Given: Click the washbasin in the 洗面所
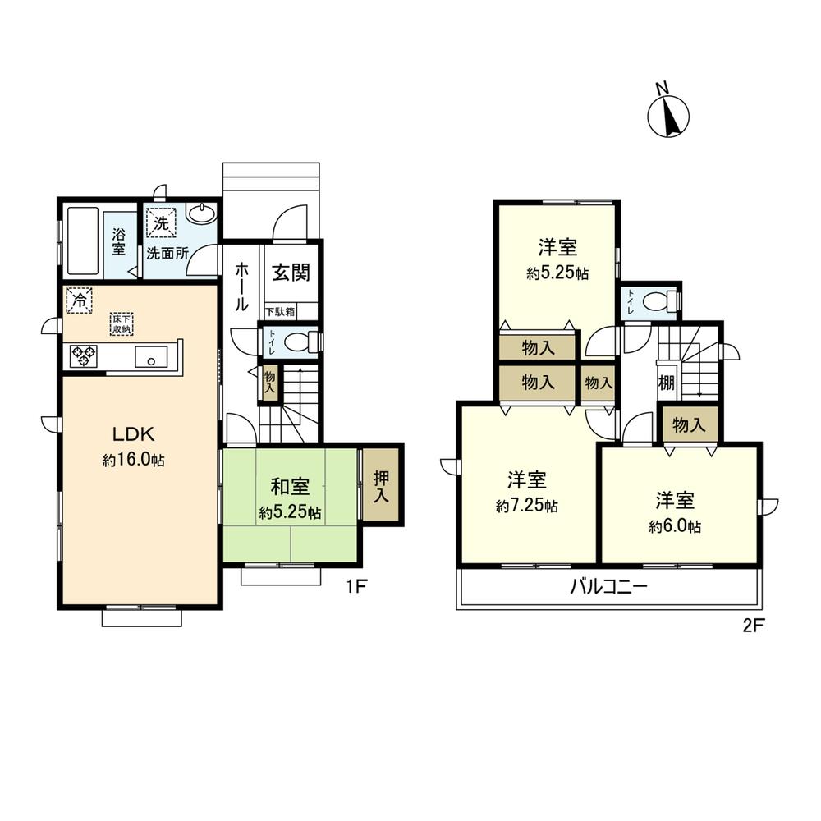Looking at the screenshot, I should [x=201, y=215].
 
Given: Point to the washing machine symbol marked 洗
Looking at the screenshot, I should [x=160, y=222].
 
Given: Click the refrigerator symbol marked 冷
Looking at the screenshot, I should [x=79, y=299].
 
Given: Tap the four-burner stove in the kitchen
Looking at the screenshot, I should [x=83, y=356].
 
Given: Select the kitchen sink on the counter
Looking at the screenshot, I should [x=152, y=356].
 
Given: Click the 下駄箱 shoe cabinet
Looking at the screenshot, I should [x=281, y=312].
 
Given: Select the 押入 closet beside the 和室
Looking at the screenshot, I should [x=382, y=484].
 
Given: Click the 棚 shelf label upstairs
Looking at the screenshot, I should [x=666, y=383].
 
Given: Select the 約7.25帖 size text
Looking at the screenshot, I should [x=527, y=507].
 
